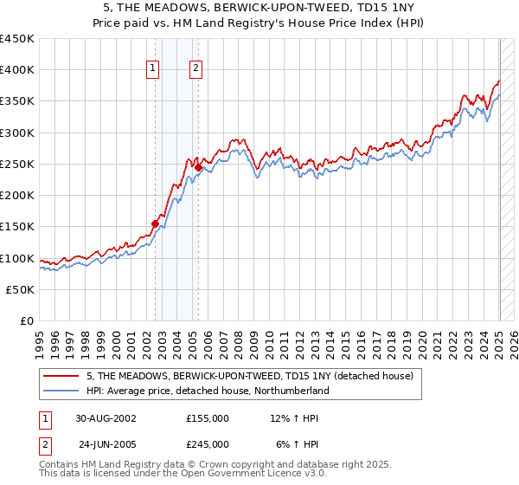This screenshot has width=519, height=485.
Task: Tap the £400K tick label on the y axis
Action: tap(17, 70)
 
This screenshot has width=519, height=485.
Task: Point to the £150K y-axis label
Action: tap(17, 227)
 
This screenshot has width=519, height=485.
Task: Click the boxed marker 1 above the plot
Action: tap(153, 69)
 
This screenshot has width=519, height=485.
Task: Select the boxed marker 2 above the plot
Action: tap(196, 69)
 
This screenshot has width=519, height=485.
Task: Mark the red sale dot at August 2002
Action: tap(156, 223)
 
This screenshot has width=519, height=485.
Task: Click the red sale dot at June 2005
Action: tap(199, 167)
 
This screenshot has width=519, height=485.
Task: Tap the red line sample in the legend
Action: tap(62, 377)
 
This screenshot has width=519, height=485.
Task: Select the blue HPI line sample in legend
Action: tap(62, 391)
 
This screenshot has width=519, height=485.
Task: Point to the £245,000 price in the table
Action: tap(208, 444)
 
